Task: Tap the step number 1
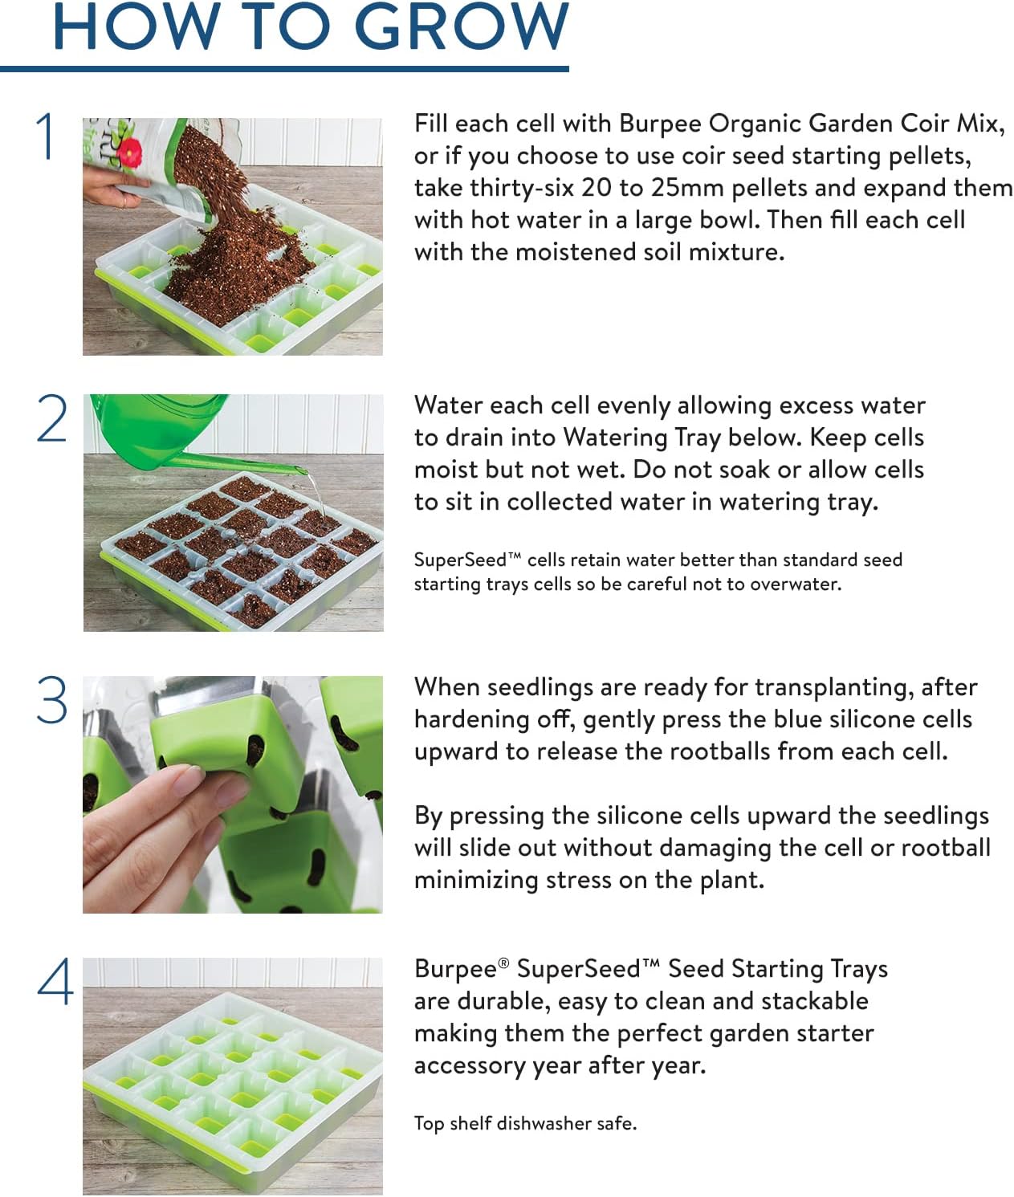47,136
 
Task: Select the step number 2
53,419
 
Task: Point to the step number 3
53,700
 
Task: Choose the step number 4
55,981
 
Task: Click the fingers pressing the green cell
161,811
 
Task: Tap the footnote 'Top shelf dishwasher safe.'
525,1123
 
